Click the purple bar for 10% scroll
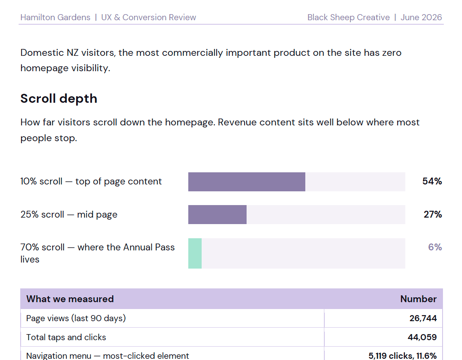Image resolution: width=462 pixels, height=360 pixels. pyautogui.click(x=247, y=182)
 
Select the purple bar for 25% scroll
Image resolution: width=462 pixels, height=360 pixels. pyautogui.click(x=217, y=215)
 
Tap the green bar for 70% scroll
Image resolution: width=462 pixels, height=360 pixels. pyautogui.click(x=195, y=253)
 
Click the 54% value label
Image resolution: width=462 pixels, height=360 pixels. pyautogui.click(x=432, y=181)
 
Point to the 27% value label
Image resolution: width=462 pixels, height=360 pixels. pyautogui.click(x=432, y=214)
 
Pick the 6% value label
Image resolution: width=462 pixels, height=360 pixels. pyautogui.click(x=435, y=247)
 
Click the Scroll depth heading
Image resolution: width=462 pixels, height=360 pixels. pyautogui.click(x=59, y=99)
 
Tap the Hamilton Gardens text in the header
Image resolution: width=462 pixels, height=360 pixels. pyautogui.click(x=55, y=17)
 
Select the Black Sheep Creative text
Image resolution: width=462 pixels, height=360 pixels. pyautogui.click(x=349, y=17)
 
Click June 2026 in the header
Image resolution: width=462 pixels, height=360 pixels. pyautogui.click(x=422, y=17)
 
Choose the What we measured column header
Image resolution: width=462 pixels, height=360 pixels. pyautogui.click(x=70, y=299)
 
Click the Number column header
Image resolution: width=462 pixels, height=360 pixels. pyautogui.click(x=418, y=299)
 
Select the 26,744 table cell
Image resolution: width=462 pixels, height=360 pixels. pyautogui.click(x=423, y=318)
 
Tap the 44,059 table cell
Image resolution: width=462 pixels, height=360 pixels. pyautogui.click(x=422, y=337)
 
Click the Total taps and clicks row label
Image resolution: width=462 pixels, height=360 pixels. pyautogui.click(x=66, y=337)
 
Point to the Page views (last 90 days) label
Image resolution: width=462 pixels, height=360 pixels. pyautogui.click(x=76, y=318)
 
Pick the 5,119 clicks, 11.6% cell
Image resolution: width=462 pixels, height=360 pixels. pyautogui.click(x=402, y=356)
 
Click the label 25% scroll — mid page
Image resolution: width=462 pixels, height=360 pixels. pyautogui.click(x=69, y=215)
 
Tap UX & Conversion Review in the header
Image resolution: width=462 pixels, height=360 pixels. pyautogui.click(x=149, y=17)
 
